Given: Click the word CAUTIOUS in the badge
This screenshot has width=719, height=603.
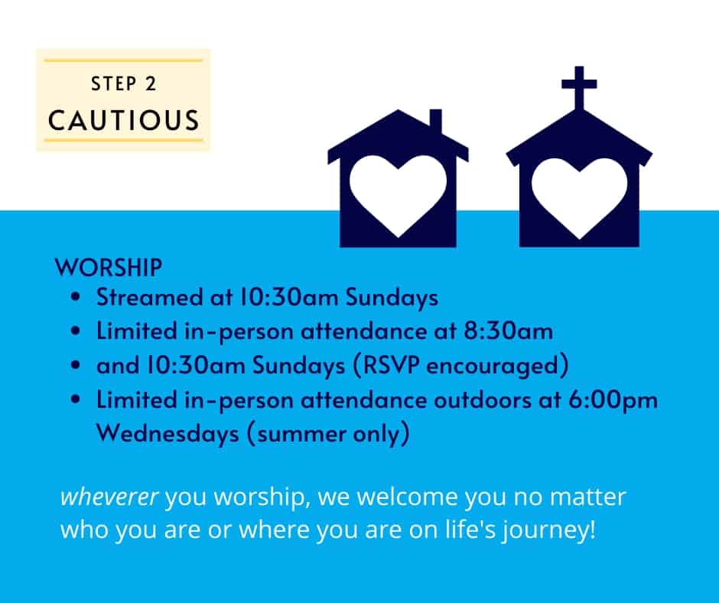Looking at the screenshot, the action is tap(123, 120).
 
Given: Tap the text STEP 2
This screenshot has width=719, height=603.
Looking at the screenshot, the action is tap(123, 84).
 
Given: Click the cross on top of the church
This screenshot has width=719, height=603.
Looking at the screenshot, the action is tap(579, 87).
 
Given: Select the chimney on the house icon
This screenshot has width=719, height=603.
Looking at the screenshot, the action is tap(436, 121).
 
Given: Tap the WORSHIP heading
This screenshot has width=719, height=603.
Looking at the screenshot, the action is tap(108, 268).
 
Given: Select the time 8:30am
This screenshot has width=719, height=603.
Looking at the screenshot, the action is tap(508, 331).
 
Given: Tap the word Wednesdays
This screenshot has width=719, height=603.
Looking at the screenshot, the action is tap(168, 434).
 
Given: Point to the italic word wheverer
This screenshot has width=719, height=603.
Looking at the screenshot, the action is tap(109, 497).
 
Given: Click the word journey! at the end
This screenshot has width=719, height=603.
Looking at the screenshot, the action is tap(549, 530).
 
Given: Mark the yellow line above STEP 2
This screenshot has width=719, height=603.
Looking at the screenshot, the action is tap(123, 60).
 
